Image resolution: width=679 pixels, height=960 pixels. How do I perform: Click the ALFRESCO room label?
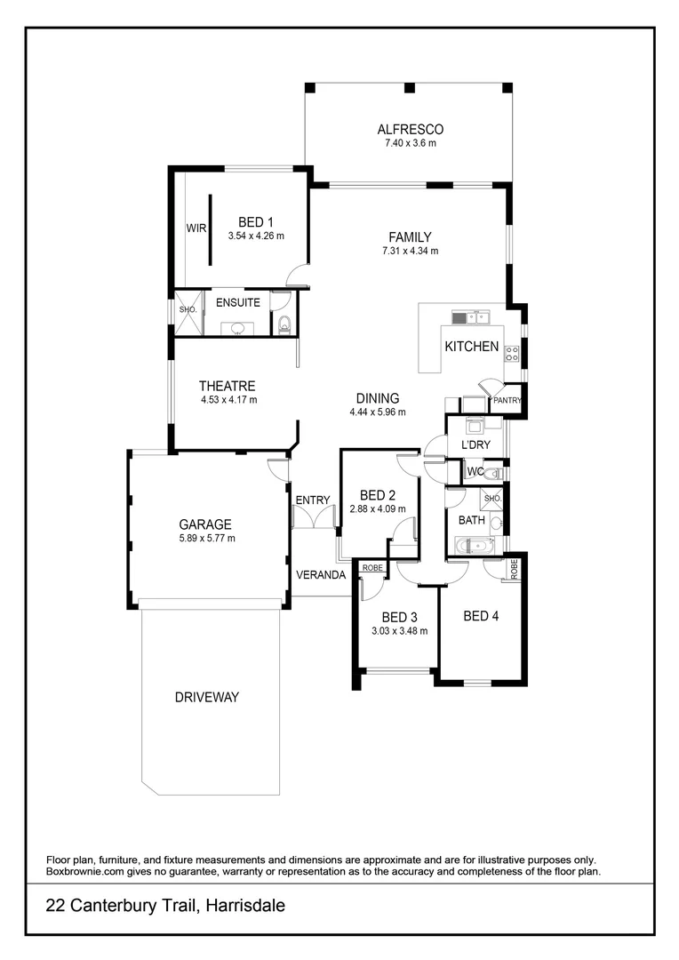[409, 129]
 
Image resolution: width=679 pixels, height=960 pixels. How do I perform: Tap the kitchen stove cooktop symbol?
[512, 353]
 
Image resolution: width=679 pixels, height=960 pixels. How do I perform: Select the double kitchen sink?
[470, 317]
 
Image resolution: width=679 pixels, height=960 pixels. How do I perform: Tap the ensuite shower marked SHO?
[188, 312]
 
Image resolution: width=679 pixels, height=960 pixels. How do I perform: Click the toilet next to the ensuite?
[284, 324]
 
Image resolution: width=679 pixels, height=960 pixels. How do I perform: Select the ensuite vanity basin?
[237, 328]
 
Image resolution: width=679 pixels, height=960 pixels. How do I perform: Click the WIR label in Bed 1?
[196, 228]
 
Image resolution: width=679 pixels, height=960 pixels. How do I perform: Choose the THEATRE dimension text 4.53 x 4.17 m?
[228, 400]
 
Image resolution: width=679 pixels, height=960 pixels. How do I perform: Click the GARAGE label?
[205, 524]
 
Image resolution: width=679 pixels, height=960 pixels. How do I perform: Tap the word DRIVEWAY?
[207, 697]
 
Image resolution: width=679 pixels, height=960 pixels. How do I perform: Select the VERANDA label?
[321, 575]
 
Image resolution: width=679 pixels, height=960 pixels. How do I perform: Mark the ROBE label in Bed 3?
[371, 566]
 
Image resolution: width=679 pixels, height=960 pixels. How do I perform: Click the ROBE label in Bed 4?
[515, 569]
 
